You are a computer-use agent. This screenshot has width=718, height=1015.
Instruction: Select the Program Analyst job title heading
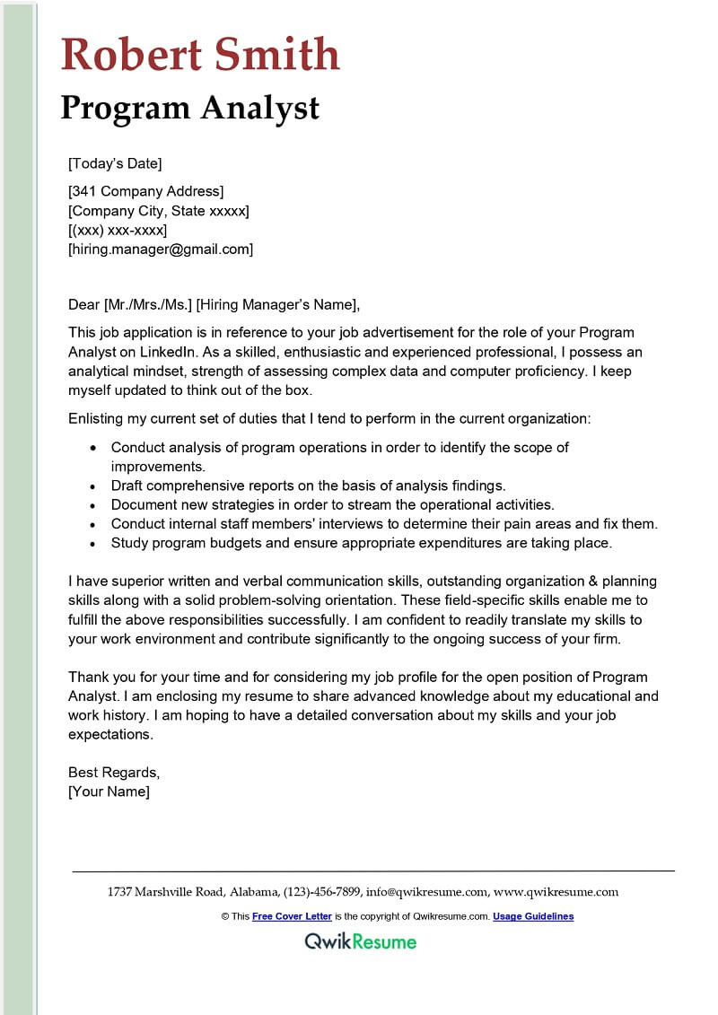click(189, 108)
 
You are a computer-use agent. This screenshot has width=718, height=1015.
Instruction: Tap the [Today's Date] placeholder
click(115, 163)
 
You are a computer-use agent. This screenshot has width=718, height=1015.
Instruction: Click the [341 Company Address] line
click(145, 191)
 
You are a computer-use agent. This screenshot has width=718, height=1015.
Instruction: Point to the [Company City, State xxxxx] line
click(159, 211)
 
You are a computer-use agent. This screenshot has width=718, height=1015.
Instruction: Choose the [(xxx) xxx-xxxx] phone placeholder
click(118, 231)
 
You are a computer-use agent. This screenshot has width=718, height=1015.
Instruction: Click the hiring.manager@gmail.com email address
click(161, 249)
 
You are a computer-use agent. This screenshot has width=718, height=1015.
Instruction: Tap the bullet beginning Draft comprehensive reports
click(308, 486)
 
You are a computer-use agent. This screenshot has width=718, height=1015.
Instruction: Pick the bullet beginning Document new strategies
click(332, 504)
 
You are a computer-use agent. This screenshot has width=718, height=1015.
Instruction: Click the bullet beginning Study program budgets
click(361, 542)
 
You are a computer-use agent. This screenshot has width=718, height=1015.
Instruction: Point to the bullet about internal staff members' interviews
click(384, 523)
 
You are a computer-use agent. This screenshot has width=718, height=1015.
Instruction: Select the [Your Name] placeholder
click(109, 792)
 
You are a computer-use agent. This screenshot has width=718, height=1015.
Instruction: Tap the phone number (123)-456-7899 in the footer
click(322, 892)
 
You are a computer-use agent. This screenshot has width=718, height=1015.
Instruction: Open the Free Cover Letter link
click(292, 916)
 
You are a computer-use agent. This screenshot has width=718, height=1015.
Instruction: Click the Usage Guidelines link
click(533, 916)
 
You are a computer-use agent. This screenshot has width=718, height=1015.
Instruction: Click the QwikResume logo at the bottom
click(360, 941)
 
